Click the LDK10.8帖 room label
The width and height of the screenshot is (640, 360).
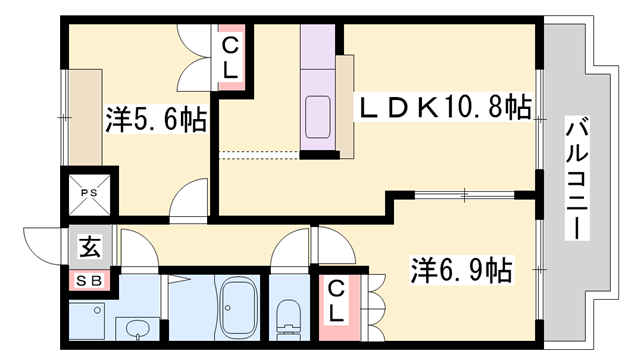pos(445,106)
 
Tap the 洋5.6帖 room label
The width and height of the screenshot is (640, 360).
pos(155,121)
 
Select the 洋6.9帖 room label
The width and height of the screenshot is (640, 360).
pos(462,270)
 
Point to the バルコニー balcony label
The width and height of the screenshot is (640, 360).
pos(577,178)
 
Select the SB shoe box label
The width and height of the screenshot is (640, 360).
pos(87,281)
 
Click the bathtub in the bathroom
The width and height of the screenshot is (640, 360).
pos(238,306)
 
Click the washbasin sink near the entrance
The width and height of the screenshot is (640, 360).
pos(137,328)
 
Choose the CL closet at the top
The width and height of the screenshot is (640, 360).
pos(229,56)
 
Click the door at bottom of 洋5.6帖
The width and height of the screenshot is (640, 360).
pos(188,202)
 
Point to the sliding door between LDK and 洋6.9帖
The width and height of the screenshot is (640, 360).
pos(461,192)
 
